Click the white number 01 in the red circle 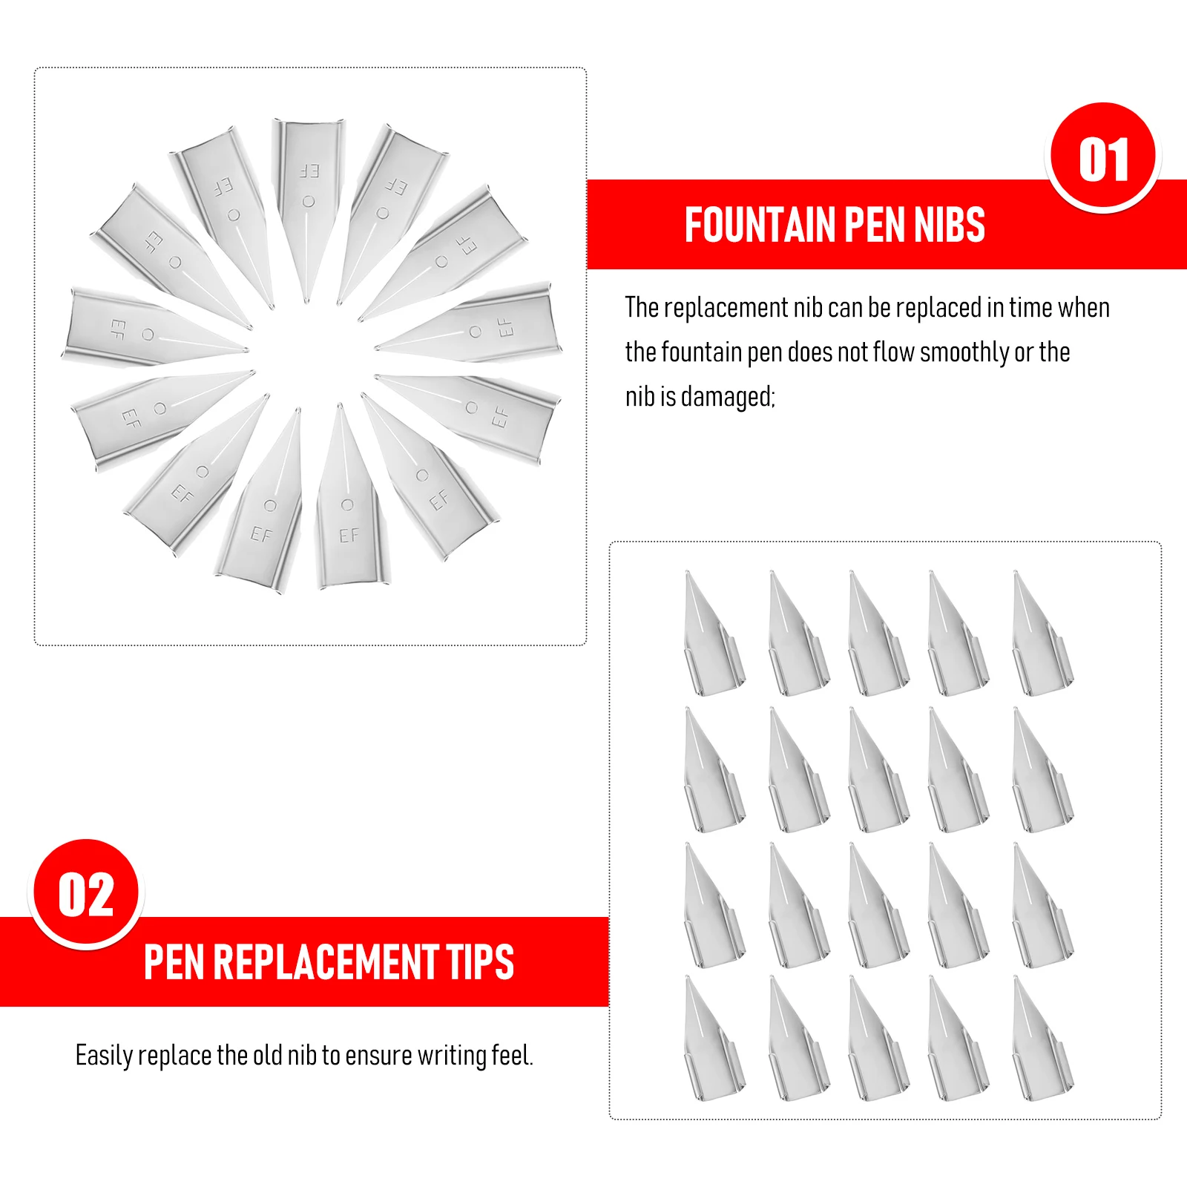(x=1103, y=160)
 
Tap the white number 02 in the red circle (x=86, y=895)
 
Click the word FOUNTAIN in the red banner (x=760, y=225)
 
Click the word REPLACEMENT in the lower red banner (x=326, y=962)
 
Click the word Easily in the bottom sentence (x=104, y=1056)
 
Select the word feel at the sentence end (x=512, y=1056)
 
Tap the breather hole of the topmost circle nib (x=309, y=202)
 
